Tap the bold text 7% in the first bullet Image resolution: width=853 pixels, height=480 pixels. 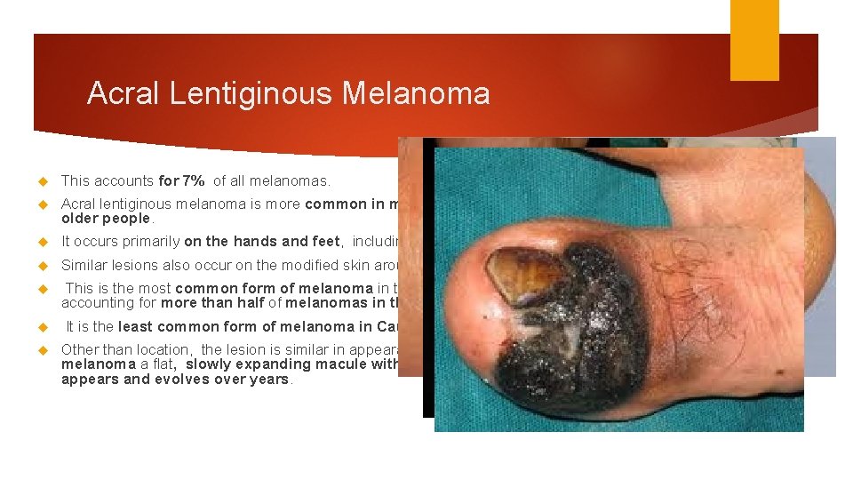pyautogui.click(x=193, y=181)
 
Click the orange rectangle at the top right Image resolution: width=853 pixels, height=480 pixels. pyautogui.click(x=754, y=39)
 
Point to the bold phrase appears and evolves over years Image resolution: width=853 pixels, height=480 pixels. pyautogui.click(x=175, y=379)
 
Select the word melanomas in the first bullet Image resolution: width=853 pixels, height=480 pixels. pyautogui.click(x=295, y=181)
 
